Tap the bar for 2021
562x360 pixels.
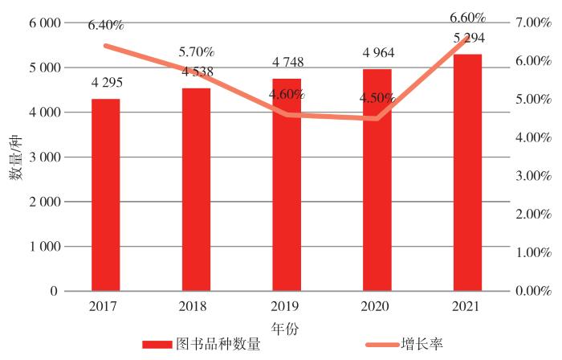point(467,172)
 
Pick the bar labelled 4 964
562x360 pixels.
point(377,180)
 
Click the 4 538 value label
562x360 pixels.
point(197,71)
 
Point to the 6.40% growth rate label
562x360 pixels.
point(105,26)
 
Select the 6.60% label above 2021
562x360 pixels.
point(467,18)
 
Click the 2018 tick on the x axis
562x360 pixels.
point(197,305)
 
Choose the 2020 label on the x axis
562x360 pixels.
point(377,305)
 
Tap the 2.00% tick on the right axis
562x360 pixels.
point(532,215)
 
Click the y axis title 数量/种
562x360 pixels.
point(17,157)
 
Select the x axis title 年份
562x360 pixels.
point(286,328)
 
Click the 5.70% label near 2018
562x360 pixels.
point(197,53)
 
